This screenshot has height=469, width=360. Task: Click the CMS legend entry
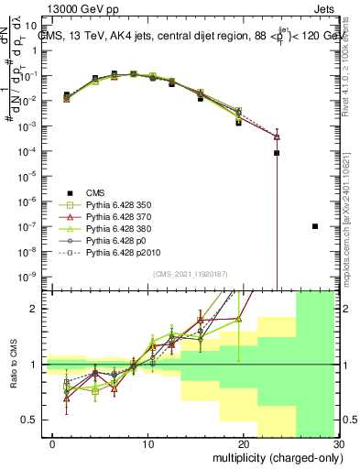[96, 191]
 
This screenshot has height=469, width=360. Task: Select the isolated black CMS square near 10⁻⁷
[314, 226]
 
